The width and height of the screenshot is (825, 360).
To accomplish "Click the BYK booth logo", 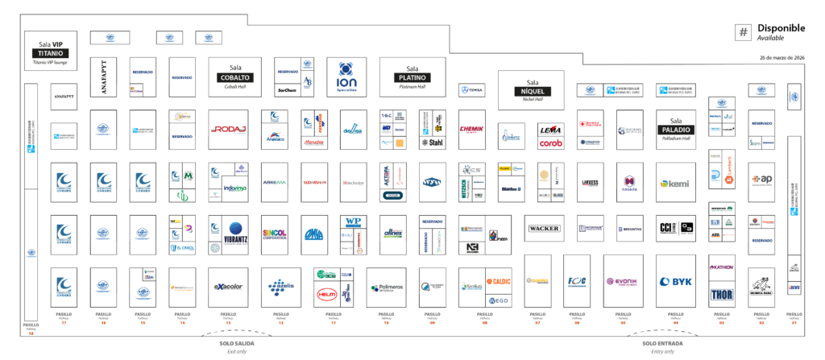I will pos(676,282).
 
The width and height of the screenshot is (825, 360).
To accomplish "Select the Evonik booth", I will pos(621,282).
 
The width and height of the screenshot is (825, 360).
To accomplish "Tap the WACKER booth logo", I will pos(544,229).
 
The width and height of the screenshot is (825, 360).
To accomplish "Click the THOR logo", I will pos(721,294).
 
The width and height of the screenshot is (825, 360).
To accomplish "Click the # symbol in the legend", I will pos(744,32).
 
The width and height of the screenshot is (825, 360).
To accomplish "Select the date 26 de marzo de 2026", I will pos(781,58).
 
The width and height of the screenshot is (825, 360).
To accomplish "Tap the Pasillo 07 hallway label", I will pos(537,316).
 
